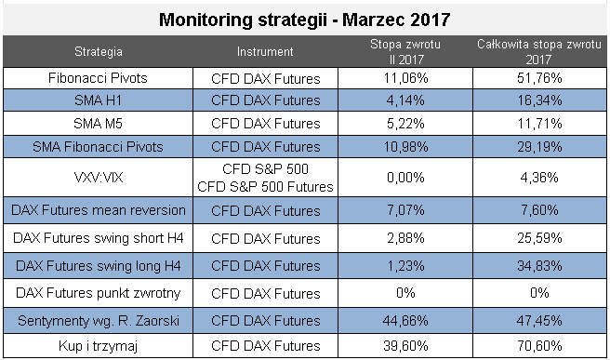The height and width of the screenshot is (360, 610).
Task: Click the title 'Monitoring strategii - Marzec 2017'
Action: click(x=305, y=20)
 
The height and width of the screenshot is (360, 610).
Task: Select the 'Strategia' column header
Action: click(x=99, y=52)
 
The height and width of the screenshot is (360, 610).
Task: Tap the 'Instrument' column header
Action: click(x=265, y=52)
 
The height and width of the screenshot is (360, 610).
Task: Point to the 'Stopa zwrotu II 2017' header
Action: click(x=405, y=52)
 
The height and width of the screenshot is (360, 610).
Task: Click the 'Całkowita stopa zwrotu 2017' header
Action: click(x=539, y=52)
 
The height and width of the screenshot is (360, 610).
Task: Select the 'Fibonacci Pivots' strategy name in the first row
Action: click(x=98, y=78)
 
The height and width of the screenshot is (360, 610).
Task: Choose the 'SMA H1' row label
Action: click(x=98, y=100)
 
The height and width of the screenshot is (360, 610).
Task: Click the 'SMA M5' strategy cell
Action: click(x=98, y=124)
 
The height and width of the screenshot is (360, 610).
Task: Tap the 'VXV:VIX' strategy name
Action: click(x=99, y=178)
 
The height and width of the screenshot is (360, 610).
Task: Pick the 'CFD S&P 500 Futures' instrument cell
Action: click(x=265, y=187)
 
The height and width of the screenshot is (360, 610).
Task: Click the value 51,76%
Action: click(x=539, y=78)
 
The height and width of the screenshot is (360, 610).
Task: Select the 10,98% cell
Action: click(x=405, y=147)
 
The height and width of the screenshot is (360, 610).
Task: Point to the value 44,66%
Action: click(x=405, y=321)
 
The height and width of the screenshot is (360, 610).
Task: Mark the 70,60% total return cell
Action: click(x=539, y=346)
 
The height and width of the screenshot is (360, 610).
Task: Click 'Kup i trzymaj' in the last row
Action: click(x=98, y=346)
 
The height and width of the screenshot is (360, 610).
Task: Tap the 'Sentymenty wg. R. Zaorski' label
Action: click(x=99, y=321)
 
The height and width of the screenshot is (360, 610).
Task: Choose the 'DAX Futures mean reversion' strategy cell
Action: click(x=99, y=210)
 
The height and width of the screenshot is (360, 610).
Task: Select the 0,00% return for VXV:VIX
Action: click(x=405, y=178)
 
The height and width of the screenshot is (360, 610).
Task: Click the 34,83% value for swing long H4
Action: click(x=539, y=266)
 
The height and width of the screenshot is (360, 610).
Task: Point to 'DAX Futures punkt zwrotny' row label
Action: click(x=99, y=293)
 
